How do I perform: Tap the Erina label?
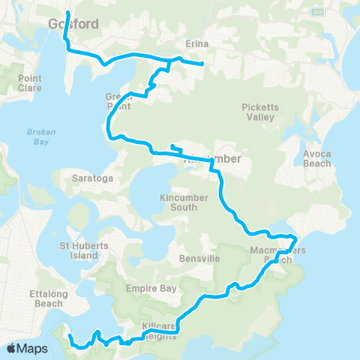[x=196, y=45]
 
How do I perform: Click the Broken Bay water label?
[x=37, y=136]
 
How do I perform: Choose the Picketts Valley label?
[x=259, y=112]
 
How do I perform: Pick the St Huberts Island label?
[x=79, y=250]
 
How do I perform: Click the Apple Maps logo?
[x=27, y=349]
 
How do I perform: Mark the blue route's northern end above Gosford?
[x=68, y=13]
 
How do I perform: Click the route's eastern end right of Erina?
[x=203, y=64]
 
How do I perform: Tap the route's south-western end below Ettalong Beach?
[x=68, y=337]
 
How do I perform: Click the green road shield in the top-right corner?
[x=317, y=12]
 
